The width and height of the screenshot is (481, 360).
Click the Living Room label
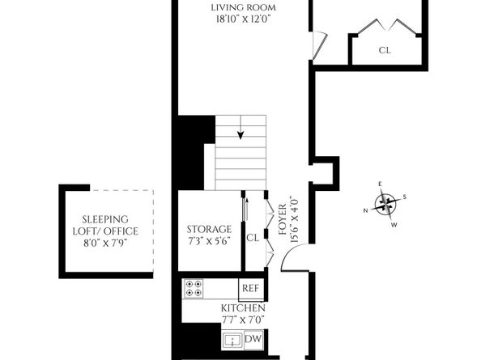click(243, 7)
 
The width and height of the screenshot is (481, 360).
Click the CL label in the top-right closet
click(385, 49)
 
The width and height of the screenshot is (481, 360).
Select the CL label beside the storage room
click(252, 238)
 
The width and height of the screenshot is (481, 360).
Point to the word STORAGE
click(209, 229)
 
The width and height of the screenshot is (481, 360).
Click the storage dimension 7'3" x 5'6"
click(209, 241)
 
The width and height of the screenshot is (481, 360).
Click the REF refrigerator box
click(249, 288)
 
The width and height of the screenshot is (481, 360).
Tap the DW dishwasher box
click(252, 339)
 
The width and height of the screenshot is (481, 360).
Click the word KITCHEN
click(244, 309)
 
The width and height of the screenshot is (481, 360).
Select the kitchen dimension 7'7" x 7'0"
click(244, 320)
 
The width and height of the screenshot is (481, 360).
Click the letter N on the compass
click(366, 210)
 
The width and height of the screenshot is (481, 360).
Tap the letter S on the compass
click(405, 197)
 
